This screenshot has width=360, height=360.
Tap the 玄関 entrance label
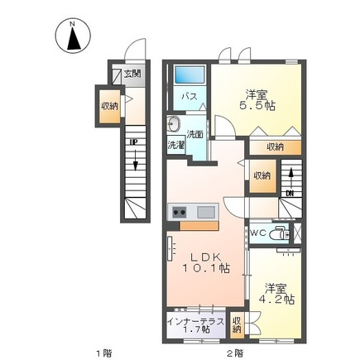[x=132, y=74]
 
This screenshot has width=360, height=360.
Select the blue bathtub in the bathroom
[x=190, y=74]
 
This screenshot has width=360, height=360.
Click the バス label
[x=190, y=97]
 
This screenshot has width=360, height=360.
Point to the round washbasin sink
[x=173, y=124]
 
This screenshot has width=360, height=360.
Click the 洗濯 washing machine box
[x=175, y=146]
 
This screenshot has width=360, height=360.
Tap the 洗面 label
[x=195, y=134]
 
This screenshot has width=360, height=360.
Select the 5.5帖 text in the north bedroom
[x=257, y=106]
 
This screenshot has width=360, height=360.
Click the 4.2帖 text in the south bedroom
[x=276, y=300]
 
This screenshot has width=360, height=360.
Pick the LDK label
[x=206, y=257]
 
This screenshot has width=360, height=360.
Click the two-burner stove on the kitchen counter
[x=180, y=212]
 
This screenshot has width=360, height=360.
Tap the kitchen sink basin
[x=206, y=212]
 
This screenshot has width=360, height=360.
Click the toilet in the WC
[x=279, y=233]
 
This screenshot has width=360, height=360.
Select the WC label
[x=257, y=233]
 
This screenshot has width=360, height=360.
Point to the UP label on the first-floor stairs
[x=134, y=142]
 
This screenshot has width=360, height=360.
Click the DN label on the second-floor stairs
[x=290, y=194]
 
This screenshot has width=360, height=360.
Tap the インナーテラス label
[x=196, y=322]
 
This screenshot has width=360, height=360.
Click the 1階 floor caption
[x=104, y=353]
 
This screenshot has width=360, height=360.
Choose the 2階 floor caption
[x=235, y=353]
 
